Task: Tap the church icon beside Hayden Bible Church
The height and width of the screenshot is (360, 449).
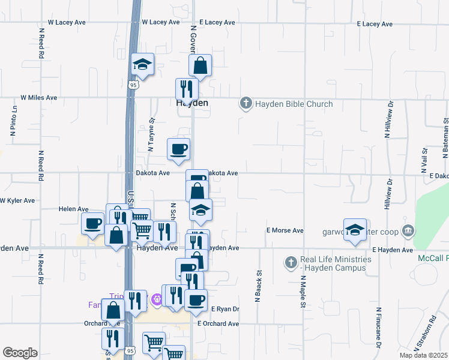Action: (245, 104)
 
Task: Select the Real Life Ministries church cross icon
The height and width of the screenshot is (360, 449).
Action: (291, 262)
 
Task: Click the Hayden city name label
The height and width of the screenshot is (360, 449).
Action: (192, 103)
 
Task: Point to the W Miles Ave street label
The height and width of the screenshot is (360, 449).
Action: (39, 97)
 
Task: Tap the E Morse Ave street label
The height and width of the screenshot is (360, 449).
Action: (285, 230)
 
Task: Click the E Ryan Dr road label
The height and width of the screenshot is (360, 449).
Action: (225, 309)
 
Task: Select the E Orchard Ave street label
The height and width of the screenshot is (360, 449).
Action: (218, 323)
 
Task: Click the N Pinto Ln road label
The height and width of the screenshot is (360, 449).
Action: (13, 122)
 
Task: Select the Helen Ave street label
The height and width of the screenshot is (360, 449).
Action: (73, 209)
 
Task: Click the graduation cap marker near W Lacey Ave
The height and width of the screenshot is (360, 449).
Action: (142, 64)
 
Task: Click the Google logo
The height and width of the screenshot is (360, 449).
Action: (20, 353)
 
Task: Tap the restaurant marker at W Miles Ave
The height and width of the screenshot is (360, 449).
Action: (187, 89)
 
